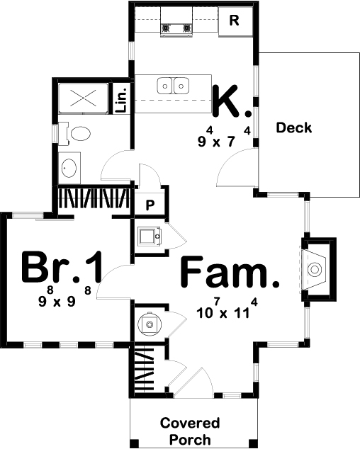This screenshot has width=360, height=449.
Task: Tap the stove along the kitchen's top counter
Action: [x=178, y=28]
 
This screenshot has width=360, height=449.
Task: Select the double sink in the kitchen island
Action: [x=174, y=86]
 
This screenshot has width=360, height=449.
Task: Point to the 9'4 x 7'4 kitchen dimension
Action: [x=225, y=137]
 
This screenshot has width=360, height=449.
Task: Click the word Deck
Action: [x=294, y=128]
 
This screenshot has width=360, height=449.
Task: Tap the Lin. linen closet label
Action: [x=121, y=100]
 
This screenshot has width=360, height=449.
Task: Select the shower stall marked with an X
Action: [x=83, y=98]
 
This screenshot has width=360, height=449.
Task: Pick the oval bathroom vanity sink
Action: [x=69, y=168]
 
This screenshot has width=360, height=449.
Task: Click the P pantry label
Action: [x=150, y=204]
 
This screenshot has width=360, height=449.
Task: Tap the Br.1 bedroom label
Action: [x=62, y=268]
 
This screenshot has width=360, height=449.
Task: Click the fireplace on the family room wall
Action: [x=314, y=268]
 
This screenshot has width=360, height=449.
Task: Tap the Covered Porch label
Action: [x=189, y=431]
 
